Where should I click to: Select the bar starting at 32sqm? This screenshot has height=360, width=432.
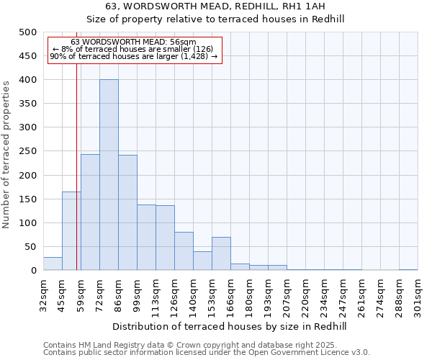53,264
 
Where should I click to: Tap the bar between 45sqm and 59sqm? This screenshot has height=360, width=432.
71,230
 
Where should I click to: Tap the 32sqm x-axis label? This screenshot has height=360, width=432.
44,294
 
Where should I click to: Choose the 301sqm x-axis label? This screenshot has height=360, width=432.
418,294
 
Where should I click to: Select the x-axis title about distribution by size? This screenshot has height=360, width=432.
230,327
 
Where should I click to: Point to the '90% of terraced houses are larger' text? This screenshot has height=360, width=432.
133,56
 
